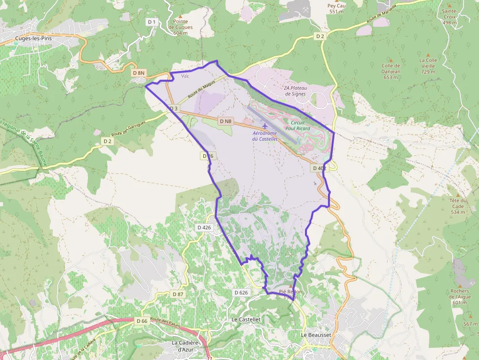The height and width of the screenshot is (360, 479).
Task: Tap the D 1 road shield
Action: coord(152,22)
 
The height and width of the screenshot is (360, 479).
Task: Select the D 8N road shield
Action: coord(139,73)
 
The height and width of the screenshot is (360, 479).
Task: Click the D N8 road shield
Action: coord(225,121)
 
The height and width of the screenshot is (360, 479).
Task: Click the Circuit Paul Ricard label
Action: coord(298,126)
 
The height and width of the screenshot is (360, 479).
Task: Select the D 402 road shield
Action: coord(319,168)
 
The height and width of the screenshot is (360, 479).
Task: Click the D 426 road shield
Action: coord(204,228)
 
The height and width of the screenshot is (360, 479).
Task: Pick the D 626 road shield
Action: coord(241,293)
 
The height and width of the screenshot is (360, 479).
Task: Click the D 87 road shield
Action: coord(178,294)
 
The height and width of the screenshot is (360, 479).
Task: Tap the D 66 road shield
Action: coord(142,321)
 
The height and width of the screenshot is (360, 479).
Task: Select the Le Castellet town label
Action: coord(246,319)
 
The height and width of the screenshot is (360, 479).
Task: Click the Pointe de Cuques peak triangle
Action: coord(180,15)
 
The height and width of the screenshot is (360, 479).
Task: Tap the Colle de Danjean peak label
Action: coord(391,68)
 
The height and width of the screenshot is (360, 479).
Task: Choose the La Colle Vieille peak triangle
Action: coord(428,55)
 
